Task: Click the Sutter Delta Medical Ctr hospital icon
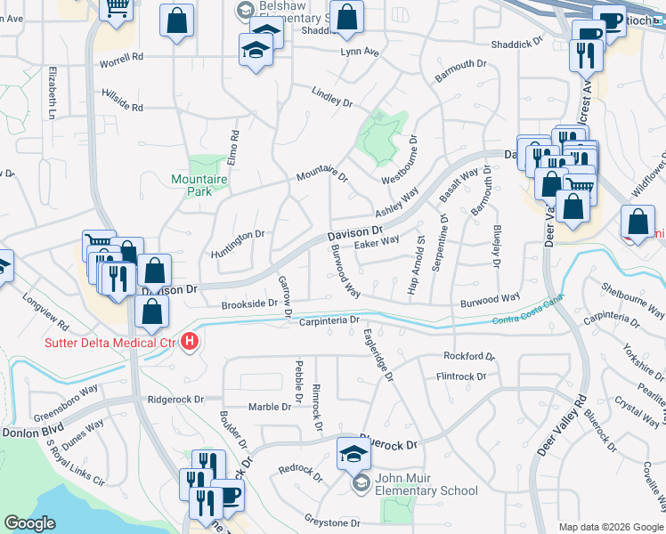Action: coord(189,341)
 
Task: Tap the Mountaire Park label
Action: coord(199,185)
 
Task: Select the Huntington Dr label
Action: coord(238,240)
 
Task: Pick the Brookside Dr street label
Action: coord(248,303)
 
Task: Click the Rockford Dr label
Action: coord(468,356)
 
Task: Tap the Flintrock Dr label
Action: coord(461,376)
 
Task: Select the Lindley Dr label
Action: coord(332,97)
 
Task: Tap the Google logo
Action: coord(30,524)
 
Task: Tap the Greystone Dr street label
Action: coord(330,523)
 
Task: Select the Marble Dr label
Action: coord(270,407)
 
